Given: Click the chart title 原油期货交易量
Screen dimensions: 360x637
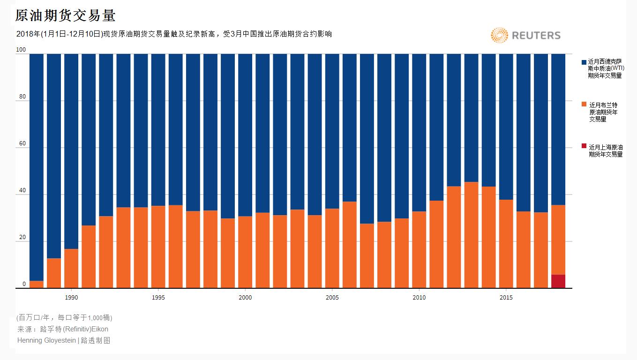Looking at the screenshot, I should tap(66, 15).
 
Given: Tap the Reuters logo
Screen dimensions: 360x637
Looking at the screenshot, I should tap(525, 35).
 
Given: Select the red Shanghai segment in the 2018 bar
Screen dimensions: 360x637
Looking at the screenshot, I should tap(558, 281).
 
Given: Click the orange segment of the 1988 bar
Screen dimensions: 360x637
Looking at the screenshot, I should tap(37, 285).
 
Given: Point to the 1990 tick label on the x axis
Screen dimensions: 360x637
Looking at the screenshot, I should tap(71, 298).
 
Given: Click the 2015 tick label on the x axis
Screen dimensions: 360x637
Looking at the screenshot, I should tap(506, 298).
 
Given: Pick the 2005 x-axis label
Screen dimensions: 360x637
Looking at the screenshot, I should tap(332, 298).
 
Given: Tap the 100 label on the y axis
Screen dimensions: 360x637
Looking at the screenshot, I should tap(21, 50).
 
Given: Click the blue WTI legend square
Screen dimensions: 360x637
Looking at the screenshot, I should tap(584, 62).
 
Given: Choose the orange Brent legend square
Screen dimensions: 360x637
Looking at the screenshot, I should tap(584, 104).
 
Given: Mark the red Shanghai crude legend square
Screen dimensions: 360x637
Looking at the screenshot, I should tap(584, 146).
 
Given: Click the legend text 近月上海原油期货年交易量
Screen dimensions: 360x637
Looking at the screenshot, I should tap(606, 150).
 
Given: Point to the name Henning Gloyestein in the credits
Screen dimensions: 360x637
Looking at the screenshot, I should tap(46, 340).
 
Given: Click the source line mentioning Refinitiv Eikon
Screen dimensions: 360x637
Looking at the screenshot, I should tap(63, 329).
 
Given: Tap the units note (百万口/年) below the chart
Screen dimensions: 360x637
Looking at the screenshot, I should tap(64, 318).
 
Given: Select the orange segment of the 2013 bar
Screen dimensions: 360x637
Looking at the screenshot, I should tap(471, 234).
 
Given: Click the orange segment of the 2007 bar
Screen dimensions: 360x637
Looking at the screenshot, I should tap(367, 255).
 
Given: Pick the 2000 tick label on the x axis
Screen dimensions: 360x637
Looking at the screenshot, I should tap(245, 298).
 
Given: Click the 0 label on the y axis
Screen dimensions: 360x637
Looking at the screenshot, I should tap(24, 285).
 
